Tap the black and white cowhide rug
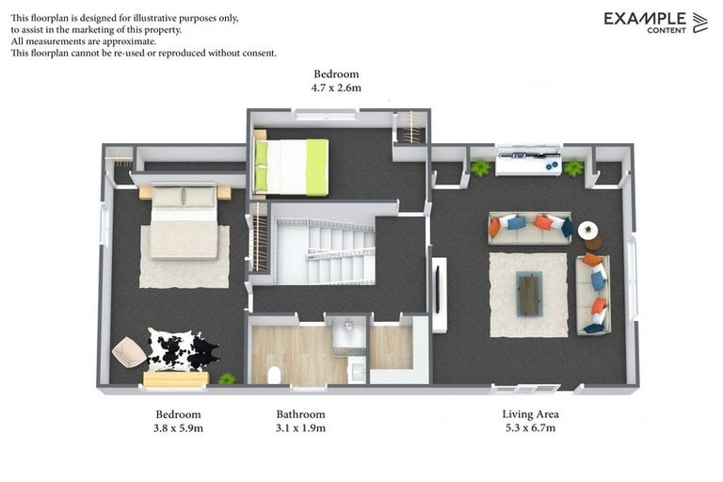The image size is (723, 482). coord(182,350)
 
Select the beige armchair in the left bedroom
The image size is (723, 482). coord(129,352)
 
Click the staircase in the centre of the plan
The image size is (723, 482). coord(325,251)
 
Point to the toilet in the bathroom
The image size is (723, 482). coord(274,375)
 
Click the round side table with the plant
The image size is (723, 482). coord(588,231)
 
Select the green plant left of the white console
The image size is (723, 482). coord(481,169)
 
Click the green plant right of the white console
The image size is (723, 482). coord(573,169)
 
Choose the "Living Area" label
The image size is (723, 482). coord(531,414)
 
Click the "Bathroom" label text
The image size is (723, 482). coord(300,414)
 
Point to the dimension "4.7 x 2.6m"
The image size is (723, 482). coord(336,88)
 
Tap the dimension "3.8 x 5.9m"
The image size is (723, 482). coord(178,427)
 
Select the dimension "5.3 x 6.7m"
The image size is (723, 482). coord(531,427)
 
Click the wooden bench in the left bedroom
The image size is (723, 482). coord(175,379)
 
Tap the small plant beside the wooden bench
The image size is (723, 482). coord(227,378)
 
